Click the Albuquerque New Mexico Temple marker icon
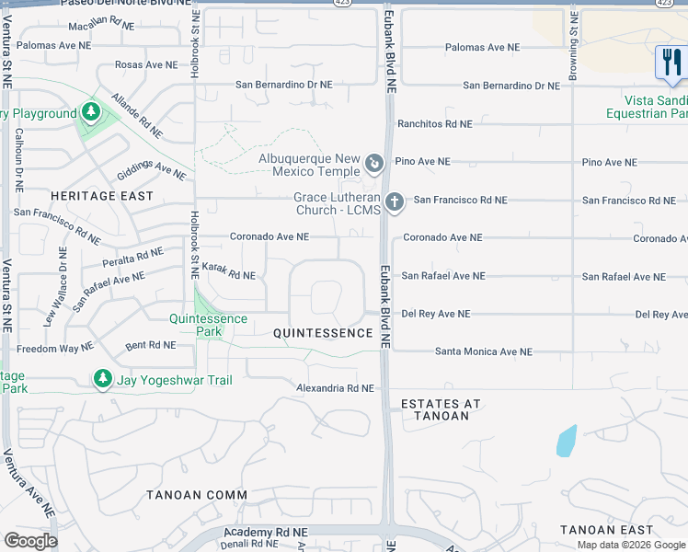click(x=373, y=165)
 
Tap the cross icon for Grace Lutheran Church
click(x=395, y=201)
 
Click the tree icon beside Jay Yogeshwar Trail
click(x=103, y=379)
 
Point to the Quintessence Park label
click(x=208, y=325)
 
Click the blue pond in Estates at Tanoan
click(x=567, y=442)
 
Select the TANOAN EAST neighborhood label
click(x=607, y=530)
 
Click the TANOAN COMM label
click(x=197, y=495)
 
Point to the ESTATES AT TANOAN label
click(x=434, y=409)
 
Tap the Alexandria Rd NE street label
click(x=335, y=388)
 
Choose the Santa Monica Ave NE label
click(x=484, y=351)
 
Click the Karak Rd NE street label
click(x=228, y=271)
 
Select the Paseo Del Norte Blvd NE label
click(x=130, y=5)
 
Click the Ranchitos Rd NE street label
click(x=434, y=123)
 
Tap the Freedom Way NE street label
click(x=55, y=348)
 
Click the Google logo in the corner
click(x=29, y=540)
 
